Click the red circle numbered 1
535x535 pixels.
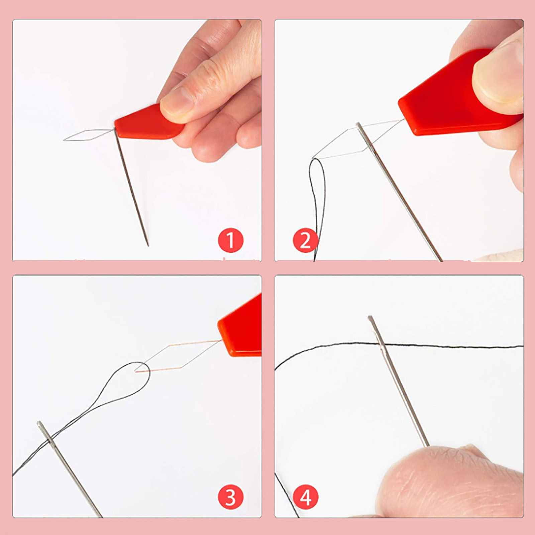pyautogui.click(x=230, y=240)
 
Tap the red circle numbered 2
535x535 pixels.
pyautogui.click(x=305, y=240)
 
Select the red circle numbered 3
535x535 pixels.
pyautogui.click(x=230, y=497)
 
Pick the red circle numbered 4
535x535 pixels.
pyautogui.click(x=305, y=497)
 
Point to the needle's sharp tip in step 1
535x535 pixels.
pyautogui.click(x=148, y=246)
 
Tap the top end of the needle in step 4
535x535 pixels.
pyautogui.click(x=370, y=317)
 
